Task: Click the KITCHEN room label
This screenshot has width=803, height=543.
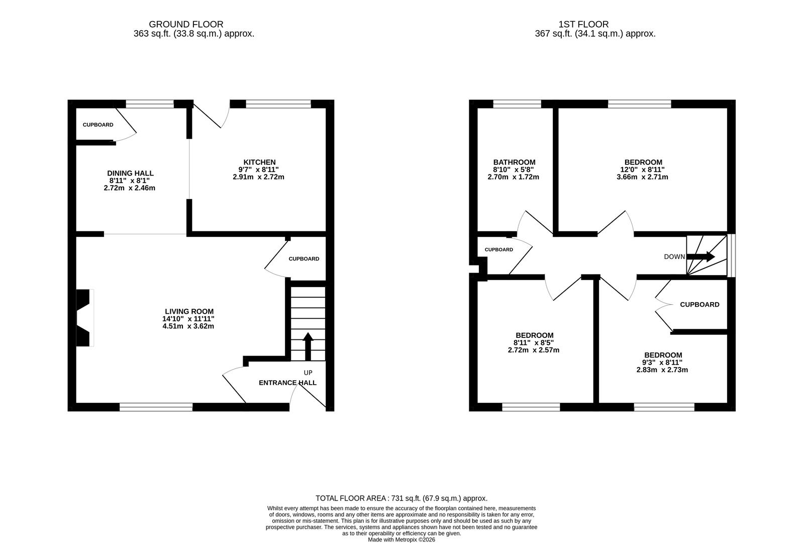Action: [259, 162]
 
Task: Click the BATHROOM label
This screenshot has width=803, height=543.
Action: [514, 162]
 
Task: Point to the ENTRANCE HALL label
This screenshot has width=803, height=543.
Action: [287, 383]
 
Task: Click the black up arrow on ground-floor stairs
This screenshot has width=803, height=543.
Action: [308, 346]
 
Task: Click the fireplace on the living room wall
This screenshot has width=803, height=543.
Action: [84, 318]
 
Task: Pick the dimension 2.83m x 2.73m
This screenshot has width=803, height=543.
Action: [662, 370]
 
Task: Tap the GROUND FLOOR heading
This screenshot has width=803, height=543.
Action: [186, 24]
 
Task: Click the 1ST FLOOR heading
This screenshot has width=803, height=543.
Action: [583, 24]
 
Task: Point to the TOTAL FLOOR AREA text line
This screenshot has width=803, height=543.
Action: [401, 498]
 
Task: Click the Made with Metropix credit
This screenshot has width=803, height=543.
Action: [401, 539]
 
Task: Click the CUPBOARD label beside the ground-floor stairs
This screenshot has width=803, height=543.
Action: [304, 259]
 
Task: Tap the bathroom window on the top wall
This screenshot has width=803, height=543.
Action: [517, 104]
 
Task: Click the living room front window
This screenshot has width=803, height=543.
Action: [156, 407]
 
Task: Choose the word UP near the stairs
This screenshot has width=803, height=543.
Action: [308, 373]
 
